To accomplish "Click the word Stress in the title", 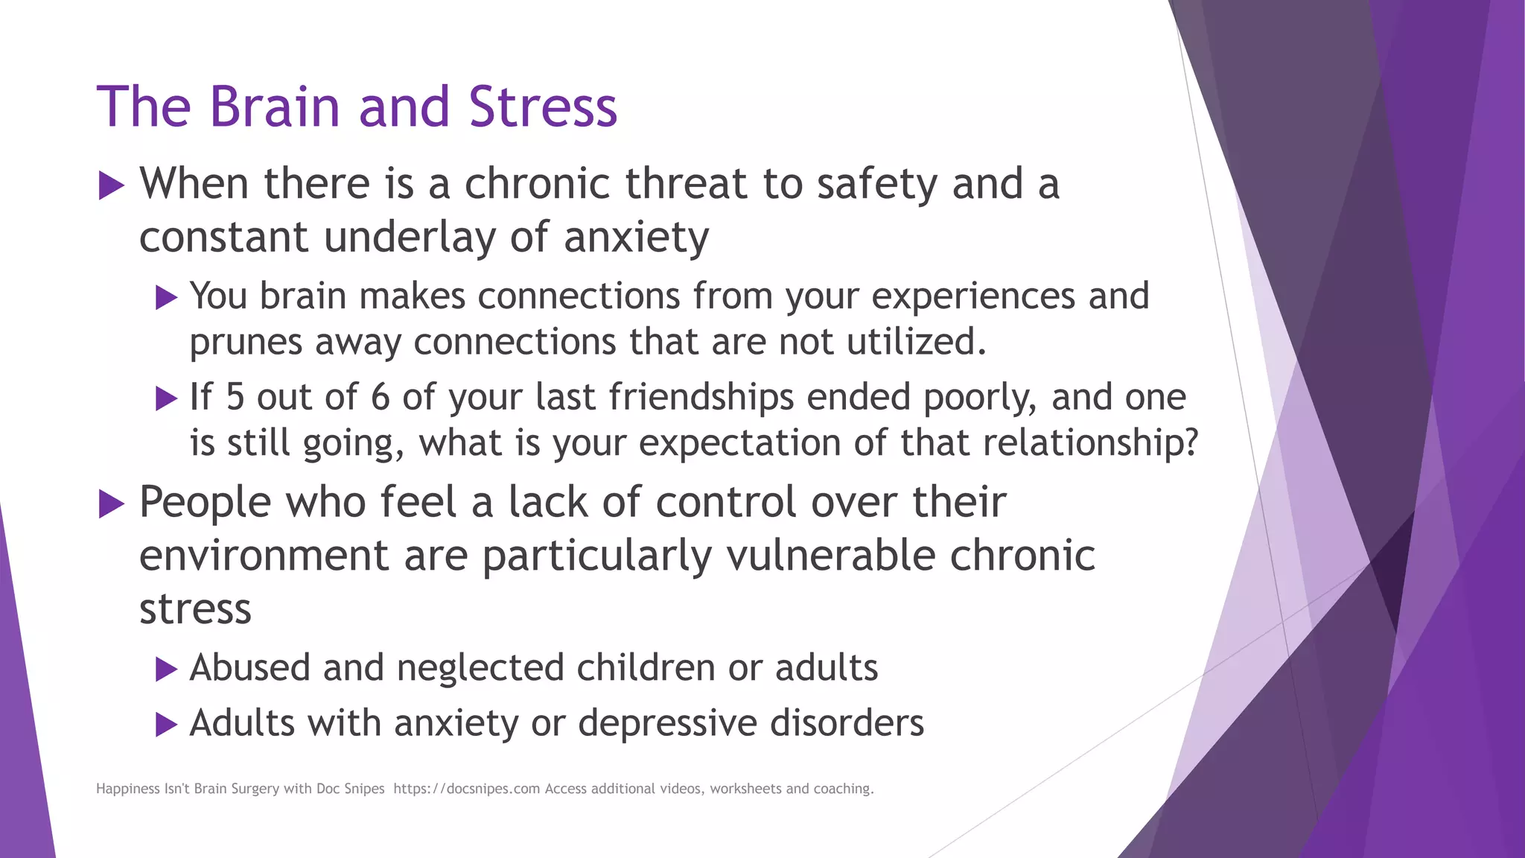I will (543, 107).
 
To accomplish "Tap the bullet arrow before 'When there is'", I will (111, 185).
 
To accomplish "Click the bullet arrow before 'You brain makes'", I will (166, 298).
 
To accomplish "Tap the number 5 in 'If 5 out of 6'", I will (235, 397).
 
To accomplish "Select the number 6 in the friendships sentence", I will (380, 397).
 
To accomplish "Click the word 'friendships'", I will (701, 397).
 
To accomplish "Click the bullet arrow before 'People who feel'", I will (111, 504).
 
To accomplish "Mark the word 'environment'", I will (264, 556).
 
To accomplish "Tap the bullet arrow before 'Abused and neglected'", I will (166, 670).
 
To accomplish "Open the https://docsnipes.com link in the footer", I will (466, 789).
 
